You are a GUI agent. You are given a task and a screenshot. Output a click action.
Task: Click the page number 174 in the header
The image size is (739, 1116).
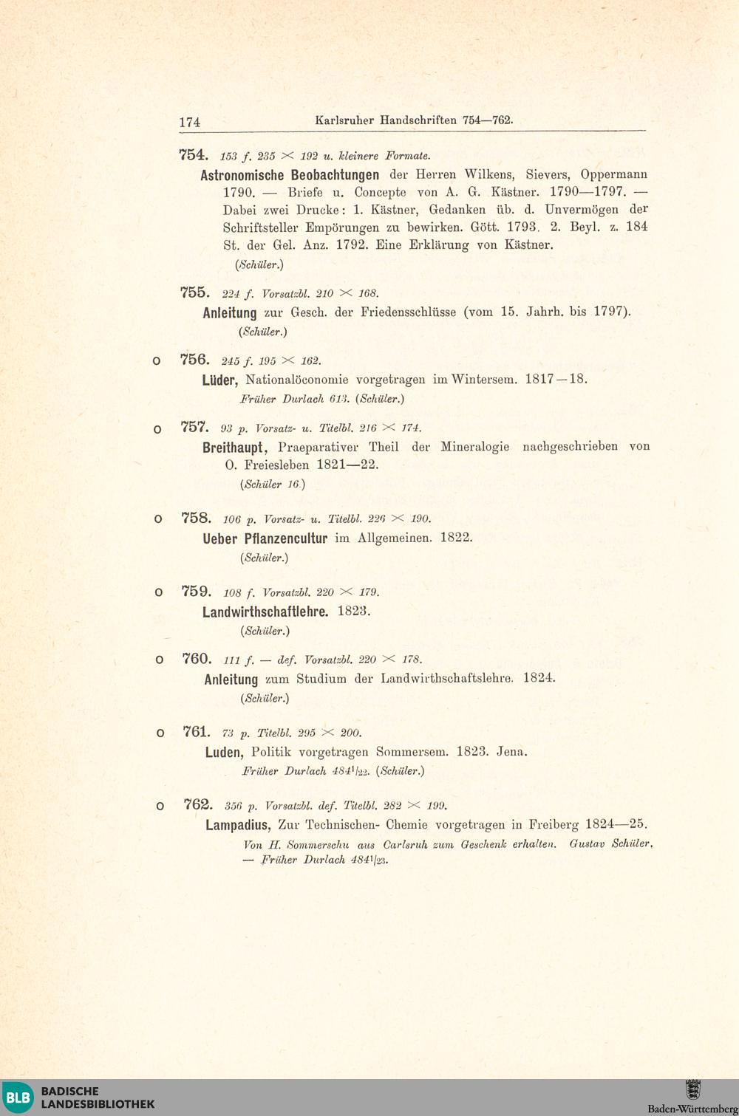190,122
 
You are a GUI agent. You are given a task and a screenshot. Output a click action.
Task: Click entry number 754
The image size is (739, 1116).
194,155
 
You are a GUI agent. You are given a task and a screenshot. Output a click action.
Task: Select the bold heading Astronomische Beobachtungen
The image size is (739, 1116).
290,175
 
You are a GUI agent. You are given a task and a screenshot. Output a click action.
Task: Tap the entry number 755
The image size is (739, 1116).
195,292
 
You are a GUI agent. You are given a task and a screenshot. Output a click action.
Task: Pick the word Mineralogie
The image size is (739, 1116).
474,447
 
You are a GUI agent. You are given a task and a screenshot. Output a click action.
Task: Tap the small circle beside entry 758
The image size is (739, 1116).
157,519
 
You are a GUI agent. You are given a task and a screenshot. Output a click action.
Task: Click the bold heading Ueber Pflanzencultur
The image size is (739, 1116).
265,538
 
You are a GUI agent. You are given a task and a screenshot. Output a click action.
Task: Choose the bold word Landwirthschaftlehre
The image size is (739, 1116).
265,612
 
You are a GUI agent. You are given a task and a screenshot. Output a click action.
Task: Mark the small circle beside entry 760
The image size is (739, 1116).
158,660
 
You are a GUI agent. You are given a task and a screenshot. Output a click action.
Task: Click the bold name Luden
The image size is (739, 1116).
224,753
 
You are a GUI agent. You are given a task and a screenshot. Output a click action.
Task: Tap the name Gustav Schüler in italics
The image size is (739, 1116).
610,843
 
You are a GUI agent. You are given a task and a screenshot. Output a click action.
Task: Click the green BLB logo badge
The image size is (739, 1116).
18,1098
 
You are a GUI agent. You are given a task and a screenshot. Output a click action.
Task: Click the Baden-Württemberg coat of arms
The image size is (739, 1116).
692,1089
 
